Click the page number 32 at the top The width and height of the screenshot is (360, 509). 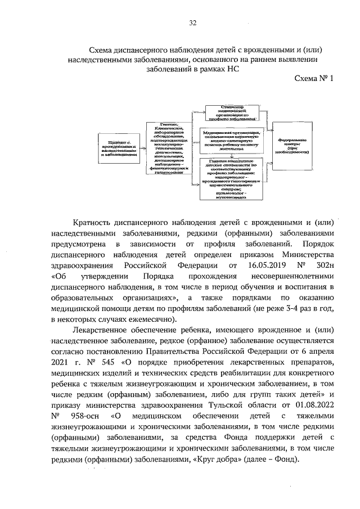click(192, 23)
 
